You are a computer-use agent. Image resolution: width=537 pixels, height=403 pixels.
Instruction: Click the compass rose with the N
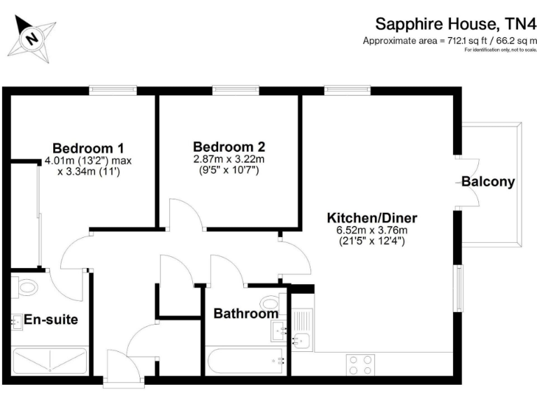(31, 36)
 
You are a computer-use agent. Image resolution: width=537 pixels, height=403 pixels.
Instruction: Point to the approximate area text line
(449, 41)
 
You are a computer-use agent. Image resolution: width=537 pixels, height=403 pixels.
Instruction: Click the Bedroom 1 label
(88, 148)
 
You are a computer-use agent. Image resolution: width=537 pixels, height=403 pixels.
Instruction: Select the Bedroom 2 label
(229, 147)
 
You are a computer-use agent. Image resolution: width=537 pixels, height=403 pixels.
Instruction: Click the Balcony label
(488, 182)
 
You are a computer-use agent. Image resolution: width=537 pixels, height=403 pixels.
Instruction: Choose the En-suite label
(50, 320)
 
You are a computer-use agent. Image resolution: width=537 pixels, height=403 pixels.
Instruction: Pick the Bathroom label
(245, 314)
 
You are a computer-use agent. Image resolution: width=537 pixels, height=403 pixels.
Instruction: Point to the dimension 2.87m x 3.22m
(229, 160)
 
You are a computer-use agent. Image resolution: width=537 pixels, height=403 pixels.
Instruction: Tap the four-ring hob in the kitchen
(360, 365)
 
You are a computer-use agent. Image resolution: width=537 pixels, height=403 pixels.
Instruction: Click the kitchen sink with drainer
(302, 330)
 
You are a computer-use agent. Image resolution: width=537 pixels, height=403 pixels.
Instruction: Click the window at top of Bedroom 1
(113, 90)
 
